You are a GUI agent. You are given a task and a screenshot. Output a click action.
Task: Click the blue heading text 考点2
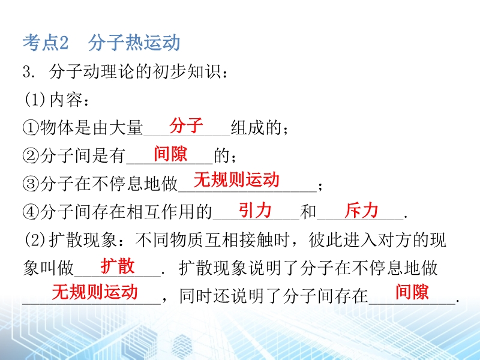coord(46,42)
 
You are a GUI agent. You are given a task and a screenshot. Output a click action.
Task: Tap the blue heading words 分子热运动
coord(134,42)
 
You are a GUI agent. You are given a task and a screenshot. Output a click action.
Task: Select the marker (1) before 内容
coord(35,100)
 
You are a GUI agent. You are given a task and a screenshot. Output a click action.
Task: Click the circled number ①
coord(31,127)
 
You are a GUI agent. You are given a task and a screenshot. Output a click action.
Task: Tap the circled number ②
coord(31,155)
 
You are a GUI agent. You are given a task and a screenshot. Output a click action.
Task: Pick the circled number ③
coord(31,184)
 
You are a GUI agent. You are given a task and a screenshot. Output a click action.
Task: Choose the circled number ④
coord(31,212)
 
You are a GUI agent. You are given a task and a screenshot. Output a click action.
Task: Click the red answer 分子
coord(186,125)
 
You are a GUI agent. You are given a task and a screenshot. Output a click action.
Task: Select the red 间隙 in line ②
coord(170,154)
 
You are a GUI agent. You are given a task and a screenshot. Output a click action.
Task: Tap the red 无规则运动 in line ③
coord(236,179)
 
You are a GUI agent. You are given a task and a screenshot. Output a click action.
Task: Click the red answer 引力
coord(255,211)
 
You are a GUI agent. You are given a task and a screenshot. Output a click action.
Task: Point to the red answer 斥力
coord(361,211)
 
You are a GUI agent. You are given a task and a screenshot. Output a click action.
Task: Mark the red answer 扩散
coord(118,266)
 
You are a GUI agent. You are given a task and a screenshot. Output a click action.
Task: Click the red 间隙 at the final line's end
coord(412,292)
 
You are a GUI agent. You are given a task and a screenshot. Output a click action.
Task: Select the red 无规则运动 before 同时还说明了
coord(95,292)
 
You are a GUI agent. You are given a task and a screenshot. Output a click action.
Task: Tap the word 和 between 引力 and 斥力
coord(308,212)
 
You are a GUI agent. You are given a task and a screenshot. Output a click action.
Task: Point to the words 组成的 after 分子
coord(256,127)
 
